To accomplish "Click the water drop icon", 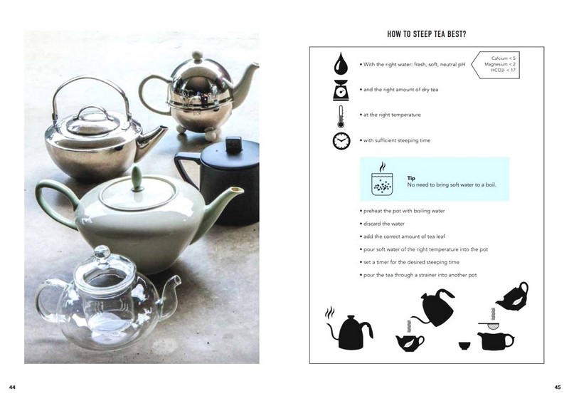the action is (x=341, y=63).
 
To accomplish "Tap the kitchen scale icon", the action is (x=341, y=90).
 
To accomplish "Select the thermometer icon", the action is (x=341, y=116).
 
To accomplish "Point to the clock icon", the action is (x=341, y=141).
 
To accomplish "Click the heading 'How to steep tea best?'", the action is (x=426, y=34).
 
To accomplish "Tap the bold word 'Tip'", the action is (x=411, y=178).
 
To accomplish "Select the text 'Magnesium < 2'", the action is (x=500, y=64).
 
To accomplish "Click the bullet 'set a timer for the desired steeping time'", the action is (x=410, y=262).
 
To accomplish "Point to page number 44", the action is (x=12, y=387).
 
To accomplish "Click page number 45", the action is (x=558, y=387).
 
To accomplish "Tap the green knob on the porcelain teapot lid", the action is (x=137, y=179).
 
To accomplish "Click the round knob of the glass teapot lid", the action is (x=102, y=252).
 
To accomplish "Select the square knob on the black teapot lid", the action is (x=234, y=144).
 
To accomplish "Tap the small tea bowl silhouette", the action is (x=464, y=345).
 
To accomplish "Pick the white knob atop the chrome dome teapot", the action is (x=197, y=56).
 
